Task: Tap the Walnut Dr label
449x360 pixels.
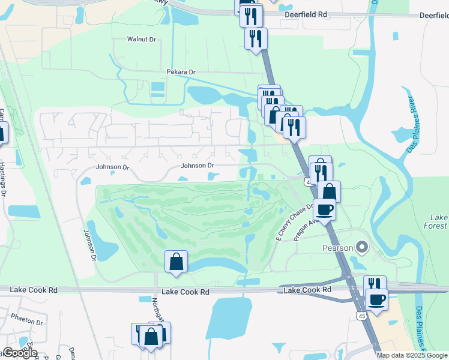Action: coord(141,39)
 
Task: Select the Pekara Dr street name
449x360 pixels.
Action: coord(181,72)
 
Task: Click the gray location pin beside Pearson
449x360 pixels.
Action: coord(361,246)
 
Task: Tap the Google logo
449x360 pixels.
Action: coord(20,353)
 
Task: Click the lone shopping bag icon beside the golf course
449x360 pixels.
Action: coord(176,262)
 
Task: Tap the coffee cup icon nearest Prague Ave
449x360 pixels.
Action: coord(325,209)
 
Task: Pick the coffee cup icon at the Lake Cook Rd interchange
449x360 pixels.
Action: coord(376,299)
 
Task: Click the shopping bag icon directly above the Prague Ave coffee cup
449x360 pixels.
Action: coord(329,191)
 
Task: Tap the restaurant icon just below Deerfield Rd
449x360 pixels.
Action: coord(256,39)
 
